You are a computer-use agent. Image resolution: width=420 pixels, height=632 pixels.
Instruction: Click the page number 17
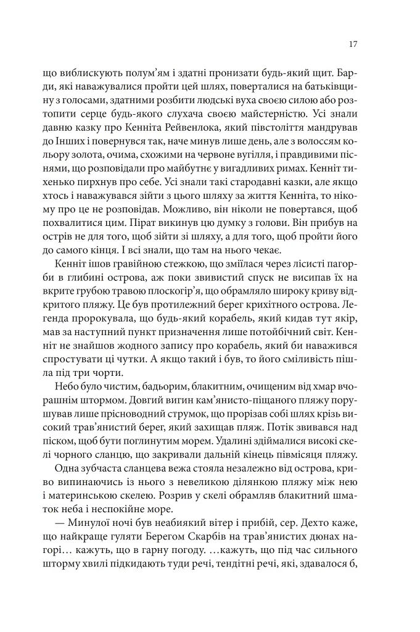[353, 44]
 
